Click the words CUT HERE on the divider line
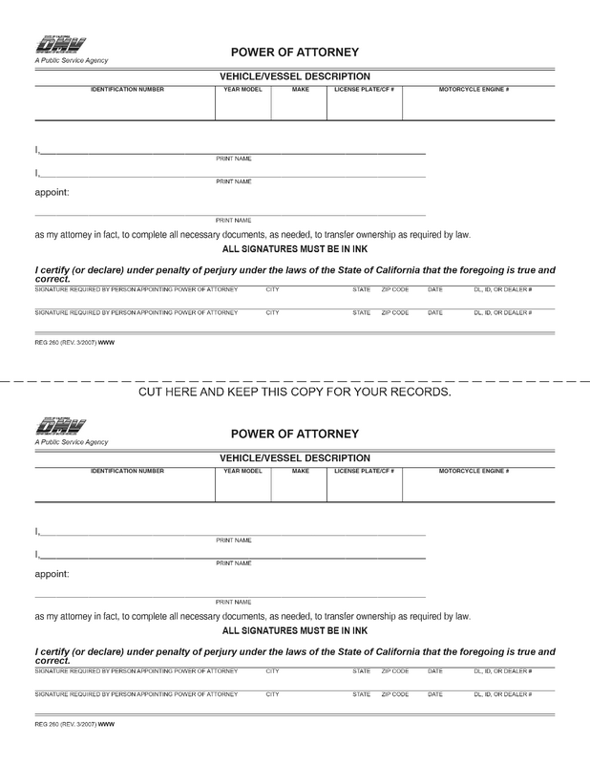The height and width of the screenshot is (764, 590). (175, 392)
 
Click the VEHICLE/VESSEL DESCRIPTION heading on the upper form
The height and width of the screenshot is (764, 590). (295, 75)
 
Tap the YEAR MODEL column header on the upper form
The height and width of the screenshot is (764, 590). (242, 88)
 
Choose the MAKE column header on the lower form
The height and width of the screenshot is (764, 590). (301, 471)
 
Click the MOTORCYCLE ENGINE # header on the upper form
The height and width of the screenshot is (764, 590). (474, 88)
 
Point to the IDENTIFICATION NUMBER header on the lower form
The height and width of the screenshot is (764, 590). (127, 471)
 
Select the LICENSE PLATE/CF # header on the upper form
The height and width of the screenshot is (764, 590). (364, 88)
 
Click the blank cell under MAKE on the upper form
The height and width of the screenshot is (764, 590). (301, 107)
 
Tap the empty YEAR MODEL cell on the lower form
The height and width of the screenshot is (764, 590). (242, 489)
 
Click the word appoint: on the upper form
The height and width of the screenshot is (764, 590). (53, 192)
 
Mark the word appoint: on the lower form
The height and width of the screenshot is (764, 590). (53, 575)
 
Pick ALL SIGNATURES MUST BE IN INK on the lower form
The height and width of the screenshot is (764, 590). (295, 631)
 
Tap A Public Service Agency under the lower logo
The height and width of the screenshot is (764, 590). (72, 442)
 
